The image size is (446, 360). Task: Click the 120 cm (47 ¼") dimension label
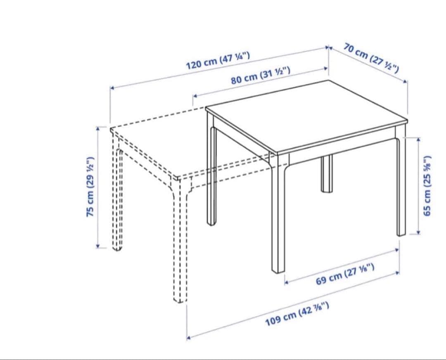click(x=218, y=61)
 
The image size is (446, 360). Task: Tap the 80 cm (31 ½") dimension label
click(x=261, y=76)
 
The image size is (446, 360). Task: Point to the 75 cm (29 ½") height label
click(x=90, y=187)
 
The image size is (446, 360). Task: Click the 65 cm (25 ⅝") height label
click(x=427, y=186)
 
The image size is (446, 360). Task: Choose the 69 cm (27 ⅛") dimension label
click(x=345, y=274)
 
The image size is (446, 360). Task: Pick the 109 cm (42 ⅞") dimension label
click(x=297, y=314)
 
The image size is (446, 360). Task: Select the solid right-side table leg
click(x=401, y=182)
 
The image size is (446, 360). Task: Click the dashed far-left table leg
click(x=117, y=193)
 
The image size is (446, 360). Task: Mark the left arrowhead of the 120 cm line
click(x=112, y=88)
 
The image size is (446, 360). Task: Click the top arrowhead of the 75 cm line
click(x=98, y=128)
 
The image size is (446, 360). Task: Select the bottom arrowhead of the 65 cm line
click(x=418, y=232)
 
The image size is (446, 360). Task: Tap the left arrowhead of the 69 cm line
click(x=287, y=282)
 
